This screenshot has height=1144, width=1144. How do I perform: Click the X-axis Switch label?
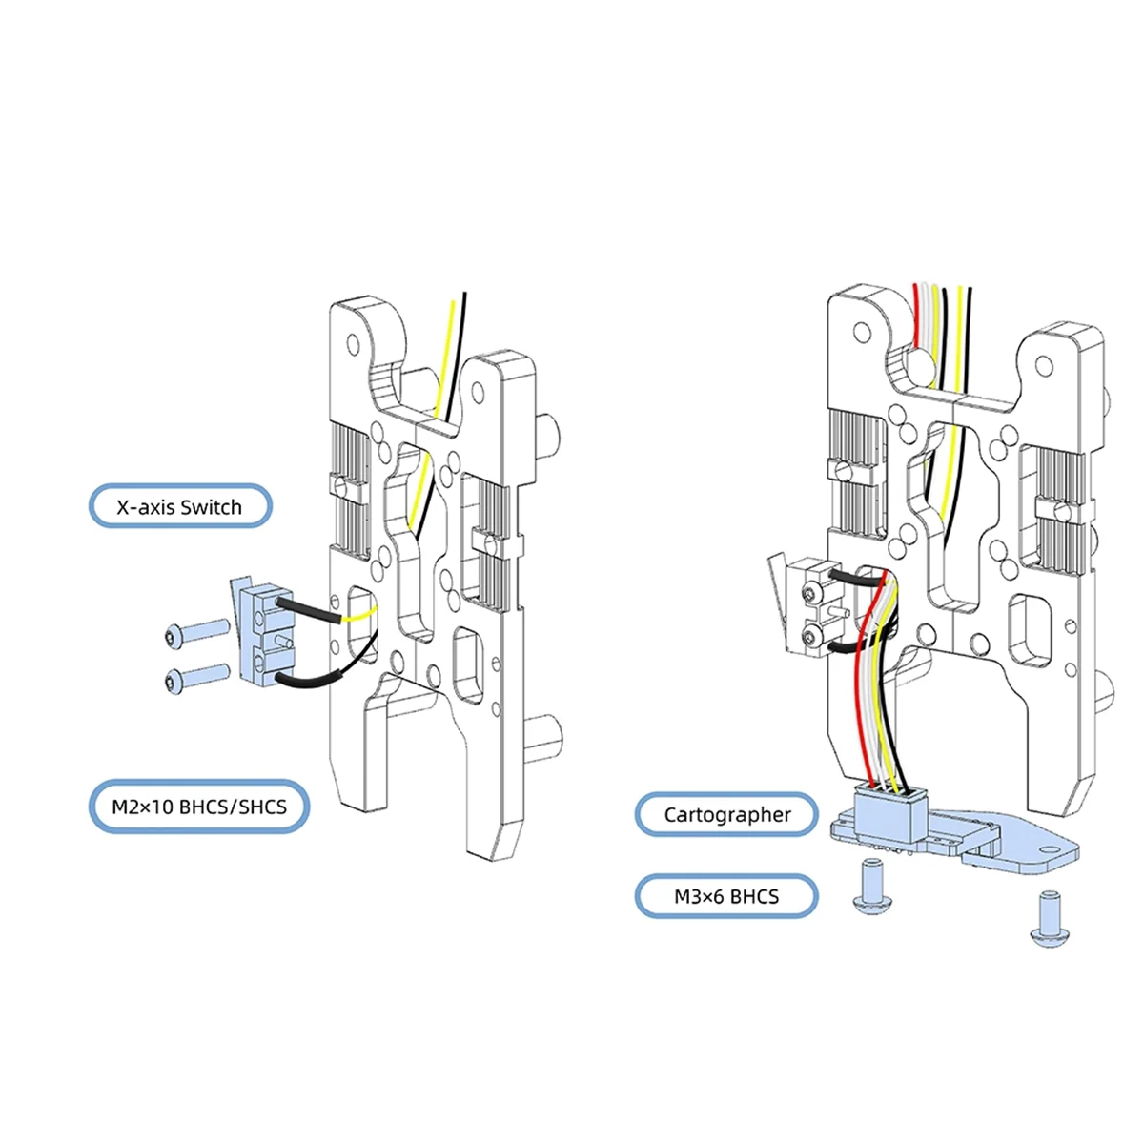[x=180, y=507]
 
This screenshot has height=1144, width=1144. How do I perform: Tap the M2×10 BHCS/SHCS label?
[x=199, y=807]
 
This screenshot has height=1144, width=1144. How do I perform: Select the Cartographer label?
[x=726, y=814]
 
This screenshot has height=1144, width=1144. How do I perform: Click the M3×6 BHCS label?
[x=726, y=896]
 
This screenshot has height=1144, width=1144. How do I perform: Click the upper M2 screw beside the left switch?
[x=195, y=631]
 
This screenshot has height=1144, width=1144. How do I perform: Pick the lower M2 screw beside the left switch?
[x=195, y=678]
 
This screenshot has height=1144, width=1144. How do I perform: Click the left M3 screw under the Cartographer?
[x=870, y=886]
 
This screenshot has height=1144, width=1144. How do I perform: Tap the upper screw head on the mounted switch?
[x=811, y=595]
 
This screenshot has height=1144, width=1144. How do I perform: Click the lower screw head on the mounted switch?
[x=811, y=635]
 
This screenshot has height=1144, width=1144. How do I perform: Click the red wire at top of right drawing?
[x=916, y=315]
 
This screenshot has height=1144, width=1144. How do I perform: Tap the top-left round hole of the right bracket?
[x=862, y=332]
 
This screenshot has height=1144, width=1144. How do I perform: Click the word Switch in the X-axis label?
[x=211, y=507]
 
